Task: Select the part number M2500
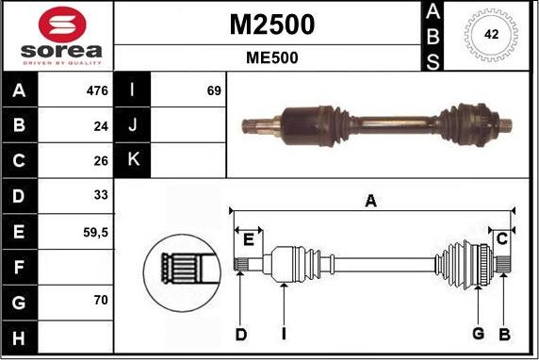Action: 272,25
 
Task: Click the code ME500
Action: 272,57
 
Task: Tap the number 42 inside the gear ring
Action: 491,33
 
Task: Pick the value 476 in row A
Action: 97,91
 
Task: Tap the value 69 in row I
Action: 214,91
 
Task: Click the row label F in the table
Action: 20,266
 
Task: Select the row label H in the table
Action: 20,335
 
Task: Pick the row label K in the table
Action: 133,160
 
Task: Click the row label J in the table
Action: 133,125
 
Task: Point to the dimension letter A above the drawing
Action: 371,201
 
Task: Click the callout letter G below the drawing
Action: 479,334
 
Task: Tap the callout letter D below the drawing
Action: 241,334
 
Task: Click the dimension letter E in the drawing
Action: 249,240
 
